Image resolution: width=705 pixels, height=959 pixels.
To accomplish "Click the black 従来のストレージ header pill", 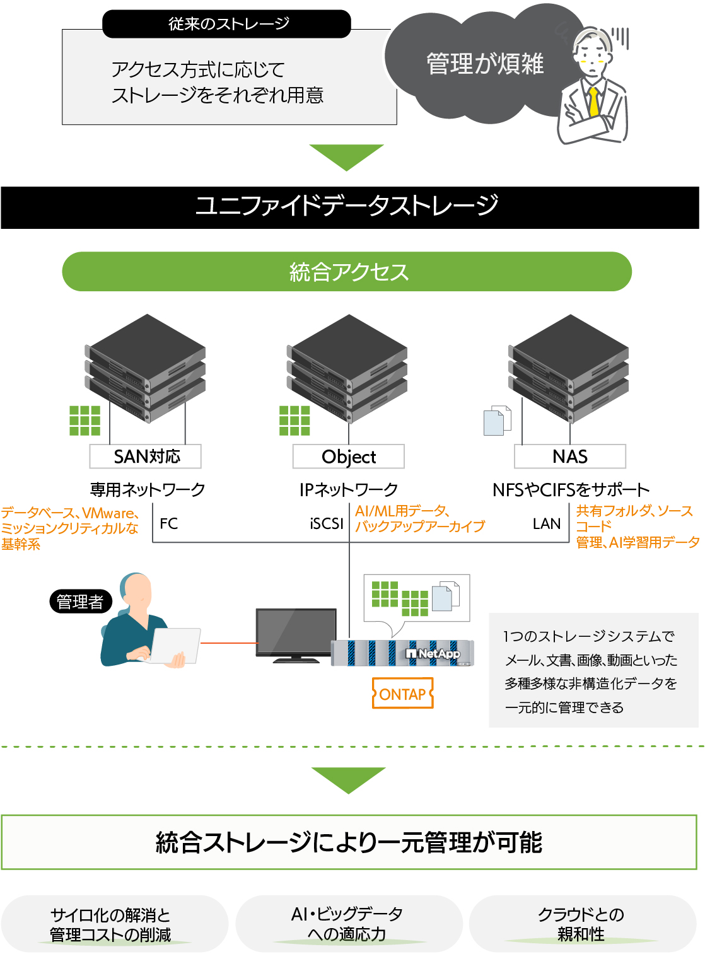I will (226, 24).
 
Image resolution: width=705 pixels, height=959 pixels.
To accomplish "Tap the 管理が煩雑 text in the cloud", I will (485, 64).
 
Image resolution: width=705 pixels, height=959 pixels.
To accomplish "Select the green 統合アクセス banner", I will (347, 272).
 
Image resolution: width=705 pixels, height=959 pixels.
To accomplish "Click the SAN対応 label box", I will (146, 456).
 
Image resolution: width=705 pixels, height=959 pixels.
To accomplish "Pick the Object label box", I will (349, 456).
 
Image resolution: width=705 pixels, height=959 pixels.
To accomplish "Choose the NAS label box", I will (570, 456).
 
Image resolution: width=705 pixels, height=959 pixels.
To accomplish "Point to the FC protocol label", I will (169, 523).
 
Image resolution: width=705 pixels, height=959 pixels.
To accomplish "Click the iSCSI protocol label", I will (327, 523).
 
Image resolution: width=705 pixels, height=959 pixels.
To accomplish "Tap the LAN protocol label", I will (547, 523).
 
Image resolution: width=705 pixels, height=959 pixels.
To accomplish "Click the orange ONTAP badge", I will (403, 694).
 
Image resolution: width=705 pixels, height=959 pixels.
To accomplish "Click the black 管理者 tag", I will (80, 602).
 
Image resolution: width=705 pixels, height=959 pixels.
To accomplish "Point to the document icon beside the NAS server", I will (496, 421).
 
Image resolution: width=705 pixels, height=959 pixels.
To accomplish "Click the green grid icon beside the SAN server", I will (85, 421).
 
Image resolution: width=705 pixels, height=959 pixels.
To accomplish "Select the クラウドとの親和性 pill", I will (581, 924).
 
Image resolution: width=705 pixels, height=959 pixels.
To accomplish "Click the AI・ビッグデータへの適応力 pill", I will (347, 924).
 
